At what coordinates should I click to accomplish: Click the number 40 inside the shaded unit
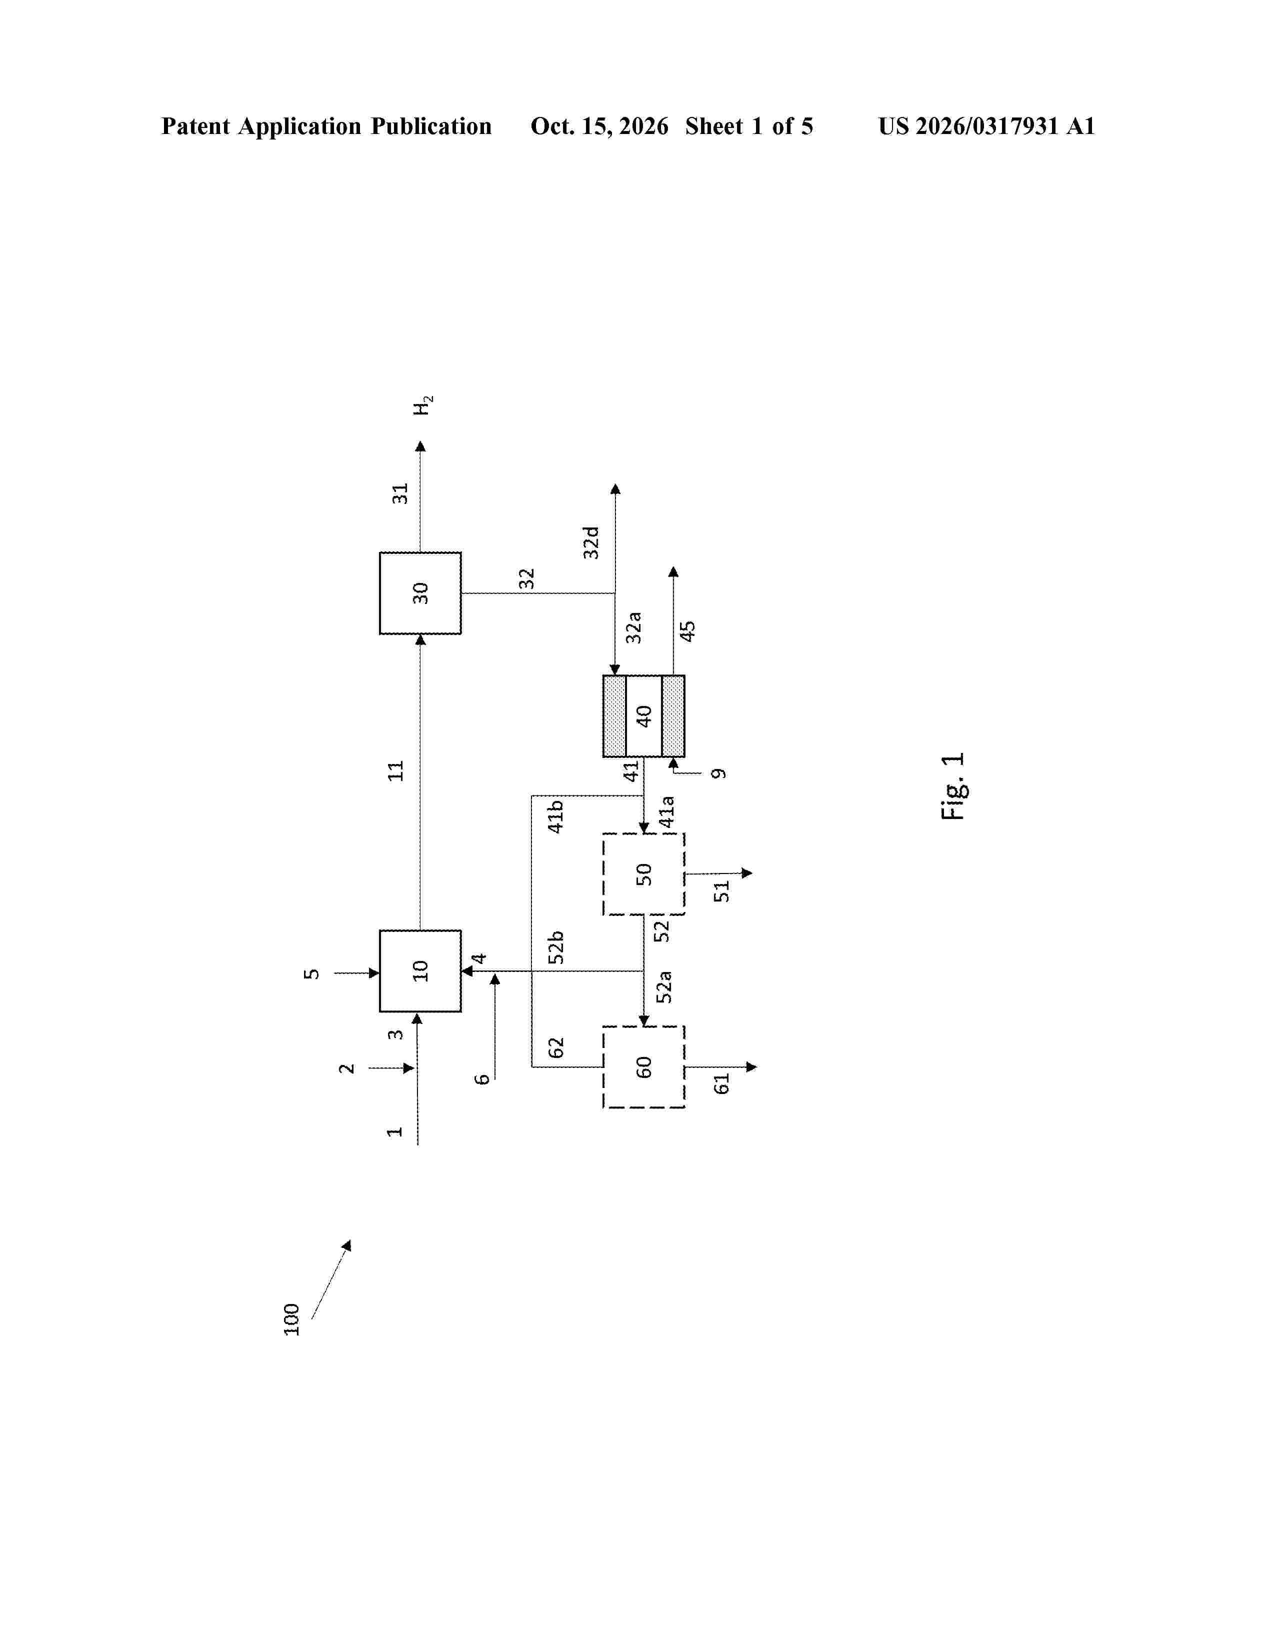(643, 716)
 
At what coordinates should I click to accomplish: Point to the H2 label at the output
(423, 405)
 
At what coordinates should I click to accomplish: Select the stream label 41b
(555, 816)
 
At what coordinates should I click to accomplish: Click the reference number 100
(291, 1319)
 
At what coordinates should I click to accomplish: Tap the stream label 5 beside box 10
(311, 974)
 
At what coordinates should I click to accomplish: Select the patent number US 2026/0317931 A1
(986, 126)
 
